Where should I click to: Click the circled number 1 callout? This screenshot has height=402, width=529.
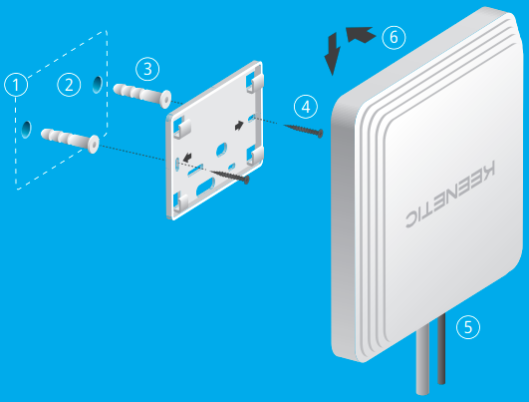(x=16, y=85)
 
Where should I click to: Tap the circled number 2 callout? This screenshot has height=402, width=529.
(x=69, y=85)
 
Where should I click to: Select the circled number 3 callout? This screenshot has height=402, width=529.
(x=147, y=69)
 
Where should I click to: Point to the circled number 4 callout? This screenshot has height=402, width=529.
(x=306, y=107)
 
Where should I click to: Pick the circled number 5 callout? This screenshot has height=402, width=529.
(x=468, y=327)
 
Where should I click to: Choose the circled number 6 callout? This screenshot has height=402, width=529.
(x=394, y=37)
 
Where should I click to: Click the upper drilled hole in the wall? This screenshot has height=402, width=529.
(x=98, y=85)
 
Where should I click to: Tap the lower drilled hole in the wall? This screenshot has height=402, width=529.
(x=26, y=130)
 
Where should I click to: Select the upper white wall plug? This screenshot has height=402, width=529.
(x=142, y=96)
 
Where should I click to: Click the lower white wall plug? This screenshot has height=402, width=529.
(x=70, y=141)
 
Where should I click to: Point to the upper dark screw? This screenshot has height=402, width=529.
(x=304, y=130)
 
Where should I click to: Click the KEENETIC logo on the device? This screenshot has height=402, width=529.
(x=450, y=195)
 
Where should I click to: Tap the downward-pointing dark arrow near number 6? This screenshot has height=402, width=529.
(x=333, y=54)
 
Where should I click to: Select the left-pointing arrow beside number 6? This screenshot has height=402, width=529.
(x=361, y=34)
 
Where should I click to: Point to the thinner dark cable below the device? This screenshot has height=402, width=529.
(x=441, y=349)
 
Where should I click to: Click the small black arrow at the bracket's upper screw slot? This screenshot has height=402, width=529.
(x=239, y=126)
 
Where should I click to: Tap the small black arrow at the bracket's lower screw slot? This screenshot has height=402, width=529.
(x=187, y=157)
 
